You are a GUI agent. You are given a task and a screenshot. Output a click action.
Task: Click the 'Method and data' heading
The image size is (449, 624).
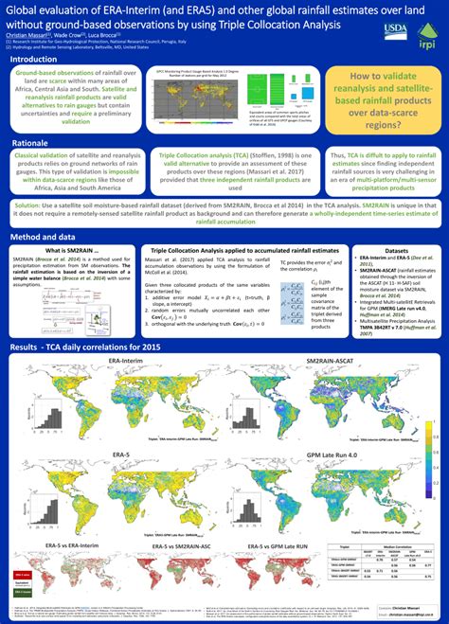tap(43, 237)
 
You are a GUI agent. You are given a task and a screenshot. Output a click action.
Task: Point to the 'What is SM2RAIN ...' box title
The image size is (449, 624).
tap(72, 251)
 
